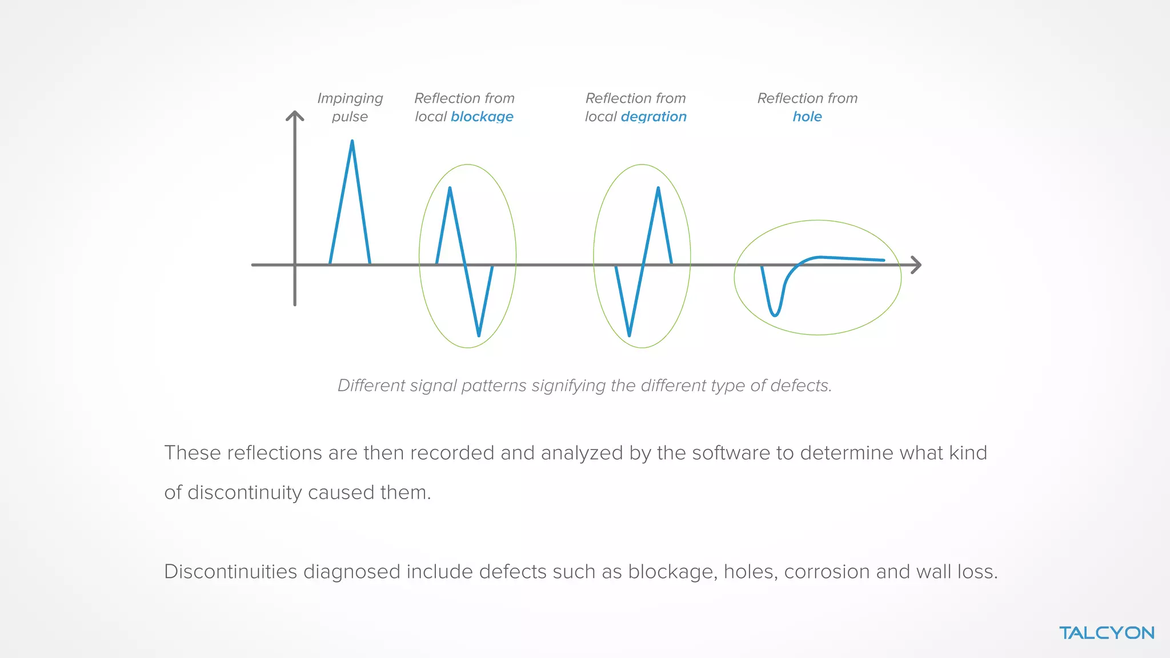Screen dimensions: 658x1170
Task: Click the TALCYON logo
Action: click(x=1107, y=633)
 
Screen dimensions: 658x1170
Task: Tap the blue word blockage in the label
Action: click(x=482, y=117)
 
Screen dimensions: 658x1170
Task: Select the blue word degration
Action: click(x=654, y=117)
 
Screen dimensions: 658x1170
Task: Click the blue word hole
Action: click(x=807, y=117)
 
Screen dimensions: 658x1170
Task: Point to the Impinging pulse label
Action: click(x=350, y=107)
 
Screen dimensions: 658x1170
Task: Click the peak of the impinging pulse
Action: click(x=352, y=142)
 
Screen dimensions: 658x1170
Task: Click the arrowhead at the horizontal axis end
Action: click(x=916, y=265)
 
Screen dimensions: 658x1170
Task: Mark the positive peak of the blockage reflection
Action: click(x=450, y=188)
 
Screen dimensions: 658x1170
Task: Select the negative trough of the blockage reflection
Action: click(x=479, y=335)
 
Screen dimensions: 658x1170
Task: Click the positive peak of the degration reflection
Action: click(x=658, y=188)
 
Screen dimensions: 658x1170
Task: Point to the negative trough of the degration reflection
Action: click(x=629, y=335)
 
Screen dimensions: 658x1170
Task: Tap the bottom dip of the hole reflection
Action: click(x=775, y=314)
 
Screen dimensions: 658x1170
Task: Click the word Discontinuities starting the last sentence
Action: click(x=230, y=572)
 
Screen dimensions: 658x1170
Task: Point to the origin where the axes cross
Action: click(x=295, y=265)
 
